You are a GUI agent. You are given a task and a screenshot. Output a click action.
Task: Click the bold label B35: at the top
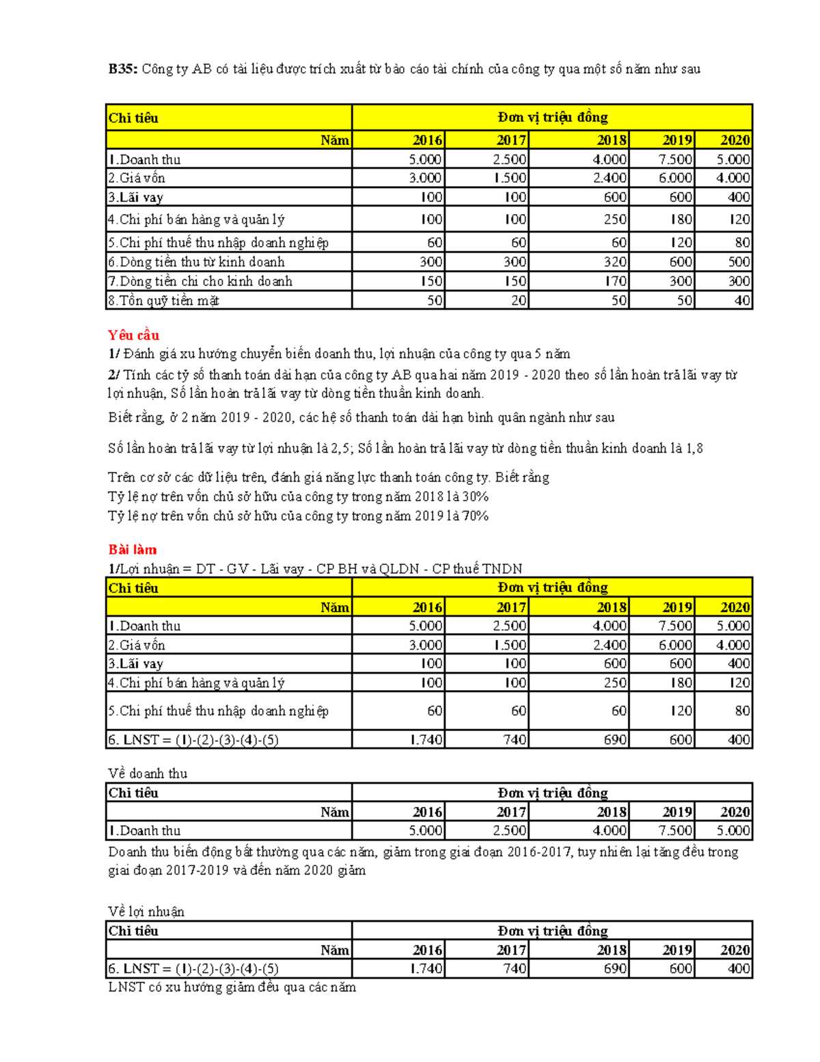123,69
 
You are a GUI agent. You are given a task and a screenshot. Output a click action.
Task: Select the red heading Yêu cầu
133,335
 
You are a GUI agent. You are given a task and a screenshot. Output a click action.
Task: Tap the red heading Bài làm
133,550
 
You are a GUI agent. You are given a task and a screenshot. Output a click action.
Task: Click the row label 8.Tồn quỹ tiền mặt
163,300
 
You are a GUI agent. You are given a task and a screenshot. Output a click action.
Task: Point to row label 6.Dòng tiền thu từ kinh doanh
196,262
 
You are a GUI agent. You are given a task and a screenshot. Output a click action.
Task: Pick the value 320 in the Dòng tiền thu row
615,262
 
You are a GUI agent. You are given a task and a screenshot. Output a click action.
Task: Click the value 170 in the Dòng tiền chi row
615,281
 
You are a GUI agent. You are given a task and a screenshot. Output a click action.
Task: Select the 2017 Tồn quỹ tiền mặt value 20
519,300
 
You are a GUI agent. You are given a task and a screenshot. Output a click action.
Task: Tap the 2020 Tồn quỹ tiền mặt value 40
741,300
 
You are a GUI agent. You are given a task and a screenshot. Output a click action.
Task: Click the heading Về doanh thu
148,773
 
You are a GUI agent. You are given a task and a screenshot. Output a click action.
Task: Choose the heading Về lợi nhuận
146,912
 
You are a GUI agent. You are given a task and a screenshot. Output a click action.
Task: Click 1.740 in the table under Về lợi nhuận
426,969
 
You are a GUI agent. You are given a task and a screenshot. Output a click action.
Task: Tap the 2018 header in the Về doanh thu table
612,812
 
